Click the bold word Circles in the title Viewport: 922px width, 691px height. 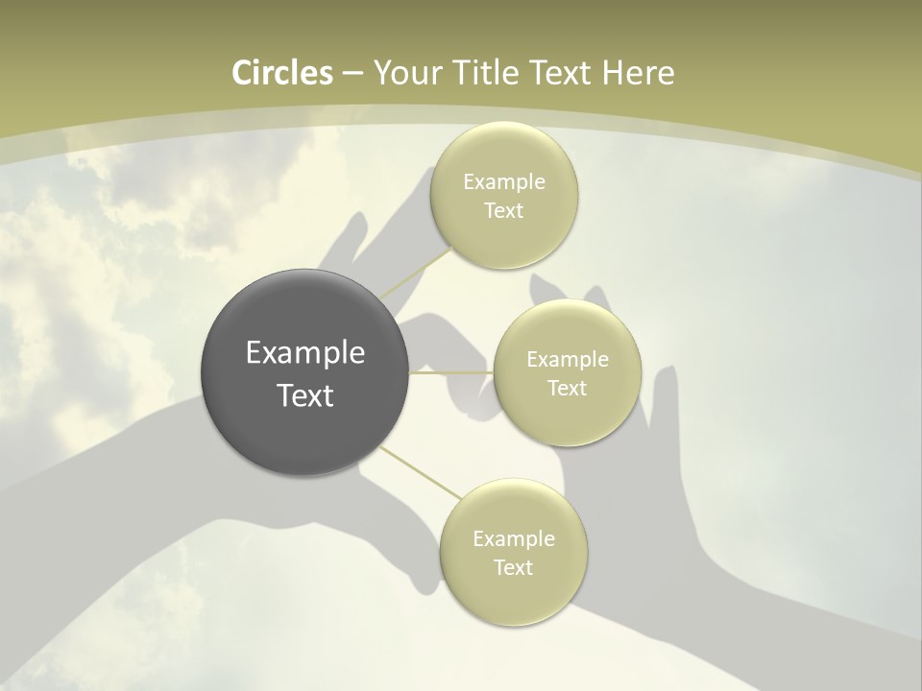pos(282,73)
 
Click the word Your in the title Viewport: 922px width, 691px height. pos(405,73)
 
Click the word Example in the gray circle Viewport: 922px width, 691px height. pos(305,353)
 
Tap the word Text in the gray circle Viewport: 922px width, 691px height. pos(305,395)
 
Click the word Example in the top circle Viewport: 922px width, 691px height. pos(504,182)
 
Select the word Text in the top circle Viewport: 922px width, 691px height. pos(504,211)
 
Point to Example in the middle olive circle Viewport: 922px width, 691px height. pos(567,360)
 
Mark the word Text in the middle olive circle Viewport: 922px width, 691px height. pos(567,389)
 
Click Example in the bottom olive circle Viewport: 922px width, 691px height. pos(514,539)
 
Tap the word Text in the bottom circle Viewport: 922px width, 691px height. pos(514,568)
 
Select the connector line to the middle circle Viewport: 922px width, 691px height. pos(451,372)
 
